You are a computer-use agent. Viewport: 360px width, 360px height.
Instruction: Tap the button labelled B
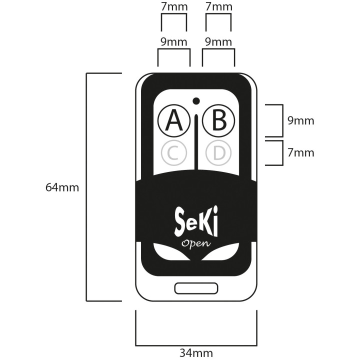(220, 120)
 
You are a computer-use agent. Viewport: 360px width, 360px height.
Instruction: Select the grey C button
(173, 153)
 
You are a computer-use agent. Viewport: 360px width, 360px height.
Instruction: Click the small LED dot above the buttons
(196, 100)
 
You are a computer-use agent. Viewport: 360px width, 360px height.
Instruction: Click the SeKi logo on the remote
(196, 221)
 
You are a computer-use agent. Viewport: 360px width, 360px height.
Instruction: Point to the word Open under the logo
(196, 243)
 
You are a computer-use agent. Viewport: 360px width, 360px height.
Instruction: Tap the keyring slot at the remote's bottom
(196, 288)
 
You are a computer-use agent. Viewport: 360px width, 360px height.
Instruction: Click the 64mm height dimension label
(62, 187)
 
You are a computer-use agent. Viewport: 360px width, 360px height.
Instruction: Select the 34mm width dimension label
(196, 353)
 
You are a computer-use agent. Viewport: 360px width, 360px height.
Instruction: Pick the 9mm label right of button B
(301, 120)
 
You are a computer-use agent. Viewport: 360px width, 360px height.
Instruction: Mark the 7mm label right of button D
(301, 152)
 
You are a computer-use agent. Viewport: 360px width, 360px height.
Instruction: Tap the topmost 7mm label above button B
(218, 7)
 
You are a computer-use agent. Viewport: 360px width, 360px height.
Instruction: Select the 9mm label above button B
(218, 42)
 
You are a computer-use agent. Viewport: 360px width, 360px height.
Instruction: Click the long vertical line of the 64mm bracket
(87, 187)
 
